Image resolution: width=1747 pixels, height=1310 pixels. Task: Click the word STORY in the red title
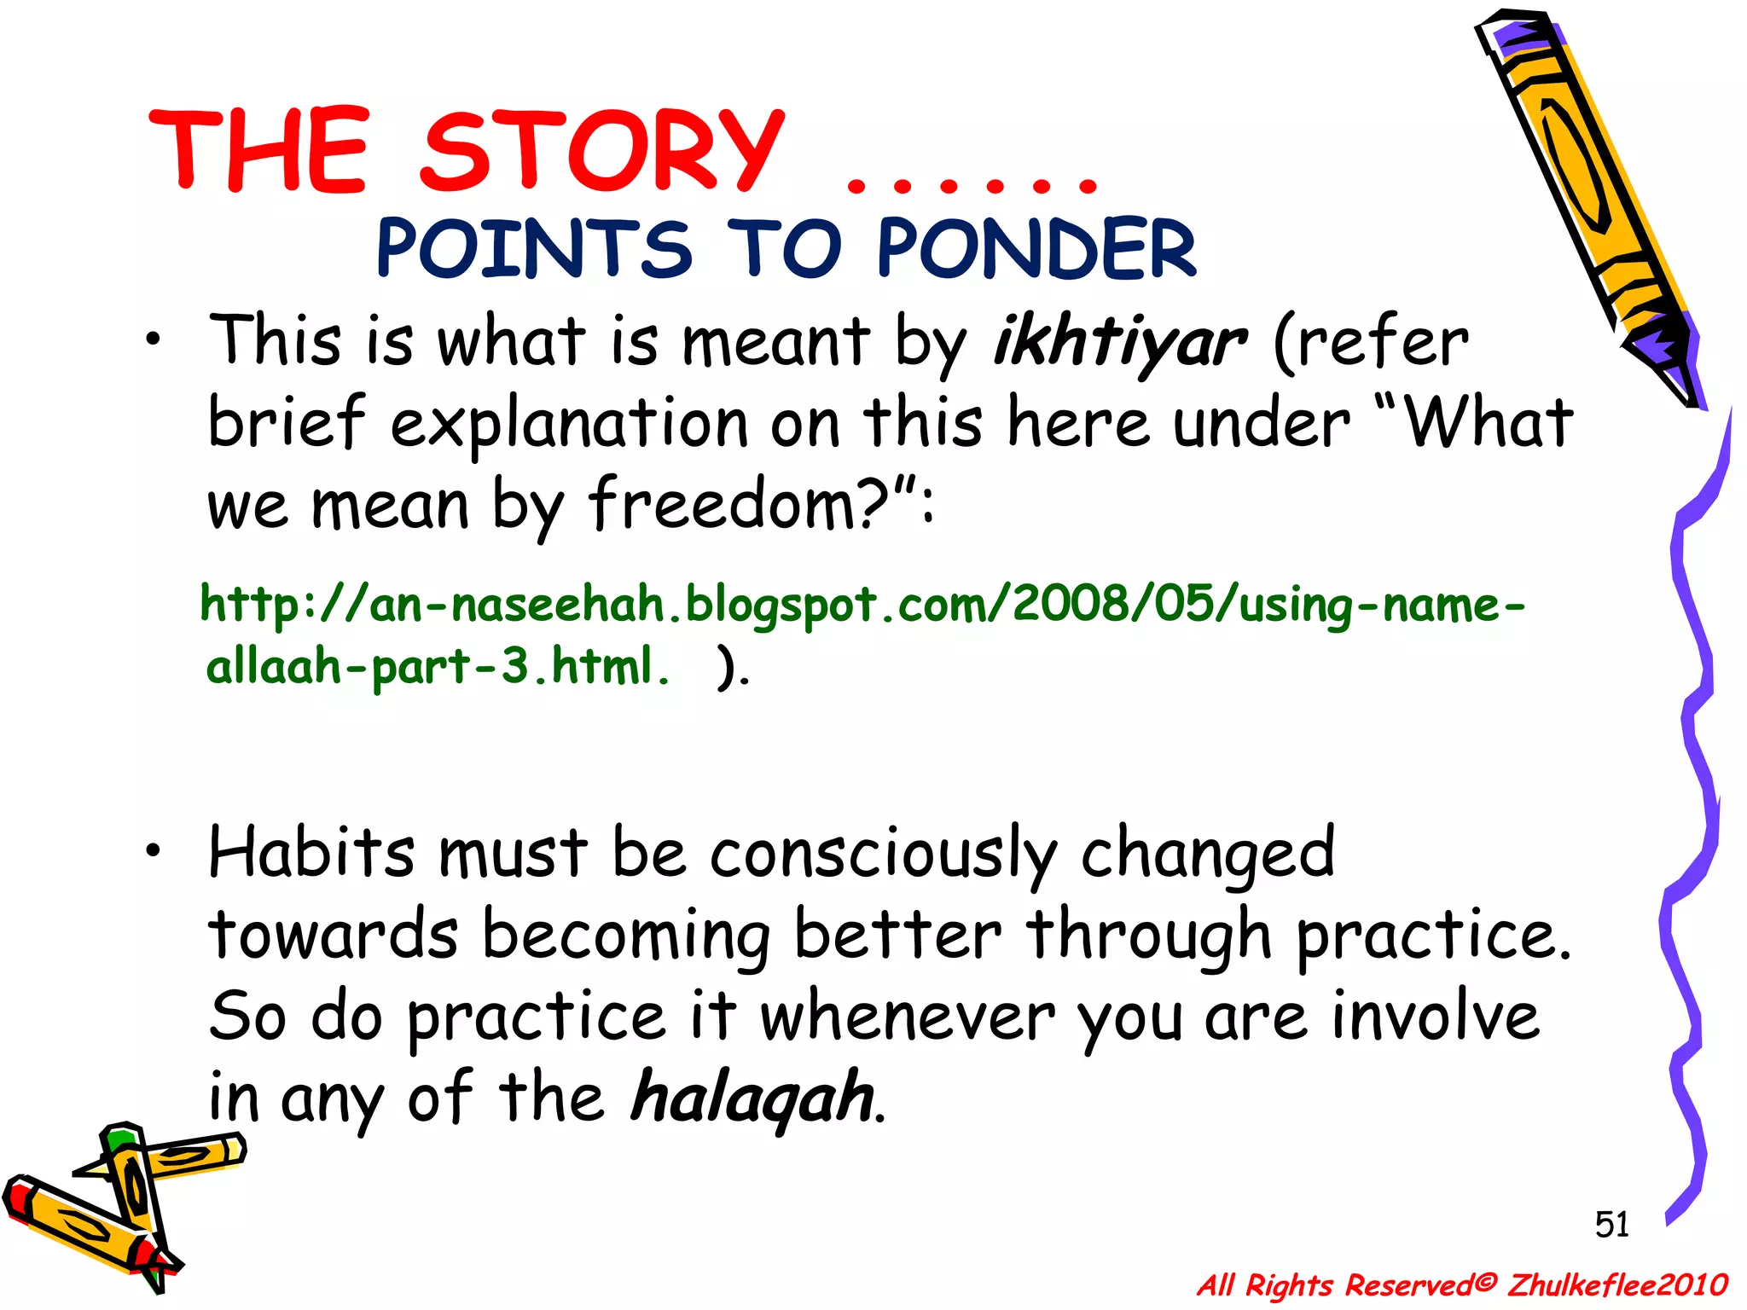[x=601, y=151]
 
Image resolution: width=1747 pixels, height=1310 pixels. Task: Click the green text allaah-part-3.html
[x=438, y=666]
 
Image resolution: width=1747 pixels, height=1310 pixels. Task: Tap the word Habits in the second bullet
[x=312, y=852]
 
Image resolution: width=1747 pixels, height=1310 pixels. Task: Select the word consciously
[x=882, y=854]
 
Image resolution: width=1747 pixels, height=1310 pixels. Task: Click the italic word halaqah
[x=752, y=1097]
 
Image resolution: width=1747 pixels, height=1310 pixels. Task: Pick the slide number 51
[x=1611, y=1225]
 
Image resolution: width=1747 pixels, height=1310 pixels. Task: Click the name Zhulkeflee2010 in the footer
[x=1616, y=1284]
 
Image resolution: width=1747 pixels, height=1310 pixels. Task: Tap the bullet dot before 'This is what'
[x=152, y=342]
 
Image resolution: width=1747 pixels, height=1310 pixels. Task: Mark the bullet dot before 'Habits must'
[x=152, y=850]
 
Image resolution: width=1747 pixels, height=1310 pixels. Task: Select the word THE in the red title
[x=259, y=151]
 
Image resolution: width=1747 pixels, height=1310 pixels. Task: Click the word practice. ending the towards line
[x=1433, y=936]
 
